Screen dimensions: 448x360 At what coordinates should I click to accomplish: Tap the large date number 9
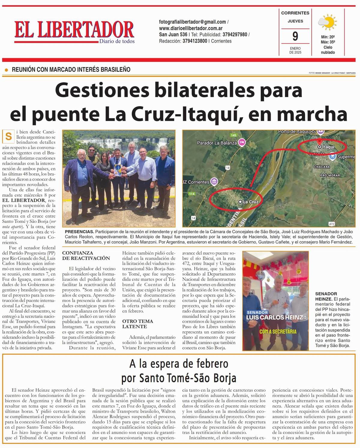point(295,37)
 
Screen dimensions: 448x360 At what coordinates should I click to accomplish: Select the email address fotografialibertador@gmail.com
point(192,22)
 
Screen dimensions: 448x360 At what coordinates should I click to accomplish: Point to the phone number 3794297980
point(235,34)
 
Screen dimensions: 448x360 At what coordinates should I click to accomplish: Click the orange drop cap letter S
point(8,137)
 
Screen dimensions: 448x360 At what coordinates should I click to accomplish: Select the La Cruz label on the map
point(250,202)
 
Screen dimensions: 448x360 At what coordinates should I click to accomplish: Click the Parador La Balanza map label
point(217,143)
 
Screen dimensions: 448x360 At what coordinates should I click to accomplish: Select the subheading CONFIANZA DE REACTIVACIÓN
point(86,255)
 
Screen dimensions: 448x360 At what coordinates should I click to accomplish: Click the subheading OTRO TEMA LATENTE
point(137,324)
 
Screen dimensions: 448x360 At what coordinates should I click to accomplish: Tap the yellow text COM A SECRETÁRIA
point(278,331)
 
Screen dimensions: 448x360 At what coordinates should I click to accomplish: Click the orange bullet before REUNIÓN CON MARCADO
point(7,70)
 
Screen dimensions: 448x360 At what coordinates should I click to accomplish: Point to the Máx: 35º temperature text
point(328,42)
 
